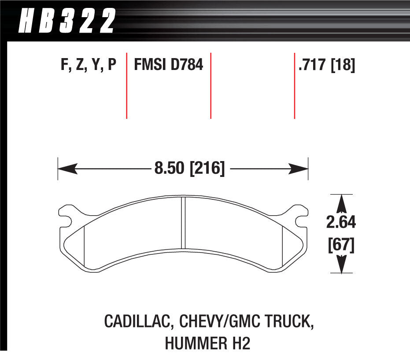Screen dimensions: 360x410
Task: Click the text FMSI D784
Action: point(168,65)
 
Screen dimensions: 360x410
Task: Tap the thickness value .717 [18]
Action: point(326,65)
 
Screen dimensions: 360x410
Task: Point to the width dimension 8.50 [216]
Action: point(189,168)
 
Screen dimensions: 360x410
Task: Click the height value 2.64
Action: point(340,223)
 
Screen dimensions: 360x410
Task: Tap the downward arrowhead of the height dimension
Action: point(340,266)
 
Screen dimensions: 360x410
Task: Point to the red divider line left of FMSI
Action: point(127,86)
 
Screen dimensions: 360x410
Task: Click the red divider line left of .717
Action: point(294,86)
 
